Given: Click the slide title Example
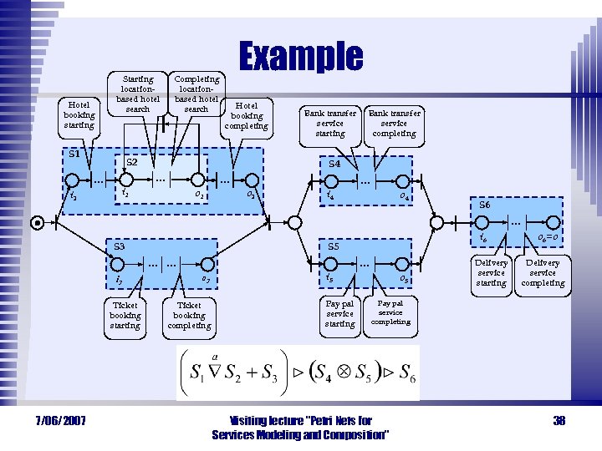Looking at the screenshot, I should (x=301, y=57).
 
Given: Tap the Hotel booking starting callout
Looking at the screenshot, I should (x=79, y=115).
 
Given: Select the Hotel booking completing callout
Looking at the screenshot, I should (x=247, y=116).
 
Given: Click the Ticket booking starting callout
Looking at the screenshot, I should (x=125, y=315).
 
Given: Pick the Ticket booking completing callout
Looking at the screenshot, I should (x=190, y=315).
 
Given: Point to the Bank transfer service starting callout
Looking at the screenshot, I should (x=329, y=123).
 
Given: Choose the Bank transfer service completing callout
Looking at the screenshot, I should (x=394, y=123).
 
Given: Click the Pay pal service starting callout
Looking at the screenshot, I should (x=339, y=313).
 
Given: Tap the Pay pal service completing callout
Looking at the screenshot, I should (x=390, y=312).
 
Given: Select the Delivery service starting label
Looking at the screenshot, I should (x=491, y=272).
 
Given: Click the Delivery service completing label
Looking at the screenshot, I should (x=543, y=272).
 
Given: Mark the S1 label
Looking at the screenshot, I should (x=74, y=154).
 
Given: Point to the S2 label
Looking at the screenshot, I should (x=131, y=161).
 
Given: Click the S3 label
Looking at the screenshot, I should (x=119, y=246).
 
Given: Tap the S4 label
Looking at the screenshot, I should (x=334, y=164).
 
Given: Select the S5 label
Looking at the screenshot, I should (x=334, y=246).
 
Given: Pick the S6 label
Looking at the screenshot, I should (x=485, y=205).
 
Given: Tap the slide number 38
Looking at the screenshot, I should (x=559, y=420).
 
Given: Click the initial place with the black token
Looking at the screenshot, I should (x=37, y=222).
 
